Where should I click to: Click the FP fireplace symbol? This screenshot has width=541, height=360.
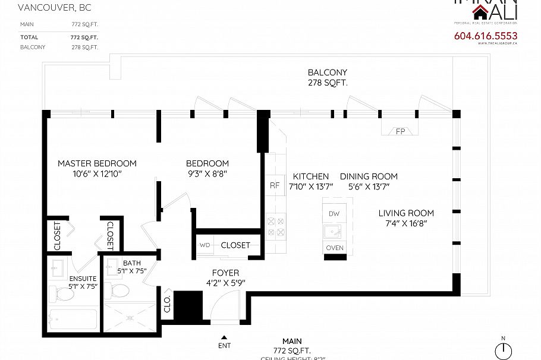pos(400,131)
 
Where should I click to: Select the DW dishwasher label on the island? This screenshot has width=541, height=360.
pos(334,213)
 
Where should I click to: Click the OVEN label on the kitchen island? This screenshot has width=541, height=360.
pos(335,248)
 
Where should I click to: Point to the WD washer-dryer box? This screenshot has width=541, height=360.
pos(205,245)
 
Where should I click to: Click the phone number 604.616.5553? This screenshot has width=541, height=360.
pos(485,36)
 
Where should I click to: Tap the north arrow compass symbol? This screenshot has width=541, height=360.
pos(503,350)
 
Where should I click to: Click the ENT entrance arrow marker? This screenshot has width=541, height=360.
pos(225,341)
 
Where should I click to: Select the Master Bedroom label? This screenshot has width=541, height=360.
pos(97,163)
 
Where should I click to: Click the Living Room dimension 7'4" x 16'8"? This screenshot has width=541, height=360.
pos(406,223)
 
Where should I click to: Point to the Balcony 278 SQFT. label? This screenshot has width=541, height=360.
pos(327,78)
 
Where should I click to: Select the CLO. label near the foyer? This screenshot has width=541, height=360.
pos(168,304)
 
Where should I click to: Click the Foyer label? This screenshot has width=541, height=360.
pos(225,273)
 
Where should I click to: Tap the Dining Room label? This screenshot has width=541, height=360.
pos(369,176)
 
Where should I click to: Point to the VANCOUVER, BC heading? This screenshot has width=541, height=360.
pos(47,8)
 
